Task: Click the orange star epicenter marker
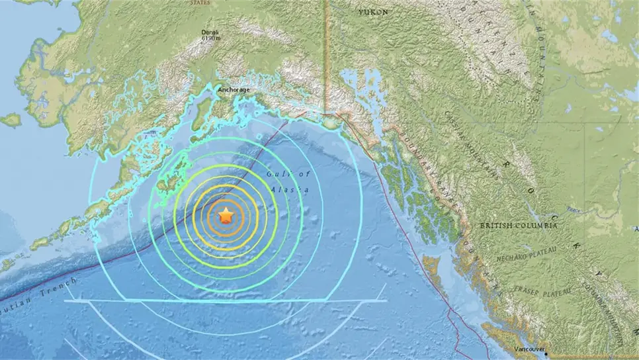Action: pyautogui.click(x=226, y=215)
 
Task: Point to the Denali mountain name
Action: pyautogui.click(x=212, y=32)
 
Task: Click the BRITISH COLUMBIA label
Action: pyautogui.click(x=519, y=226)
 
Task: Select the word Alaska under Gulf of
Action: pyautogui.click(x=290, y=189)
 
